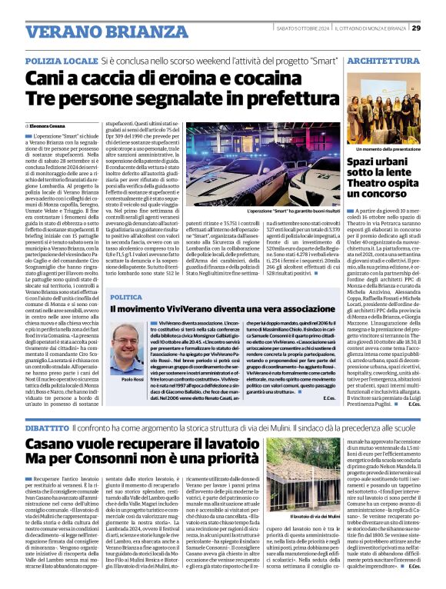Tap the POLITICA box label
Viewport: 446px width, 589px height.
pyautogui.click(x=126, y=297)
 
